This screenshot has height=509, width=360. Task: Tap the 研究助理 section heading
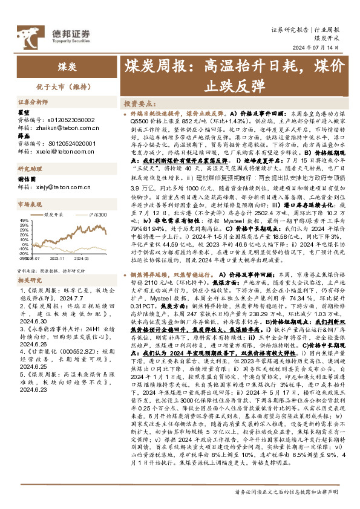coord(29,169)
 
